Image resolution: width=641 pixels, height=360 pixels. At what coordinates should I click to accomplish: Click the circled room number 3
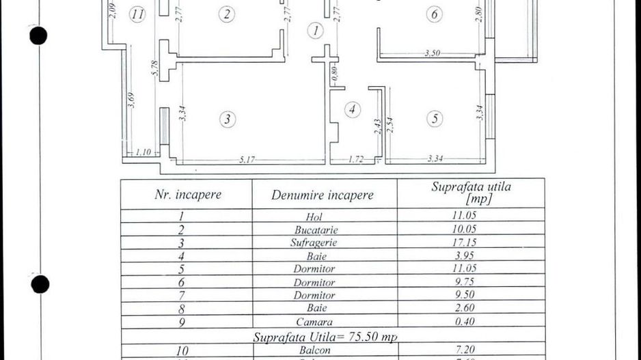pyautogui.click(x=228, y=120)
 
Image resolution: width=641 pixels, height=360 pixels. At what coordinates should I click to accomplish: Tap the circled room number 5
pyautogui.click(x=436, y=119)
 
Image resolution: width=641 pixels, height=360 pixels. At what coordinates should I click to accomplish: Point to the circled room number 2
pyautogui.click(x=228, y=14)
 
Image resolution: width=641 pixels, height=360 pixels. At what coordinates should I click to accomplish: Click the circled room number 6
pyautogui.click(x=434, y=14)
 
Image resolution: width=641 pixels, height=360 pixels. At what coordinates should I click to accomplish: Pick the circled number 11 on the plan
pyautogui.click(x=139, y=14)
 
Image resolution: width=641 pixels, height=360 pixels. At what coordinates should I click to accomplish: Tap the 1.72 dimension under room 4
pyautogui.click(x=355, y=160)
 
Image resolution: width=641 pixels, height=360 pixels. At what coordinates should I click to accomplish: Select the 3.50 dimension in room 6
pyautogui.click(x=432, y=53)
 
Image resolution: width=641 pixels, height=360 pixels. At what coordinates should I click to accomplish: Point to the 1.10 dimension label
pyautogui.click(x=143, y=152)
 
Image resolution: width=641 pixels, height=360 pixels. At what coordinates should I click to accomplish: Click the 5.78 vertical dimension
pyautogui.click(x=154, y=68)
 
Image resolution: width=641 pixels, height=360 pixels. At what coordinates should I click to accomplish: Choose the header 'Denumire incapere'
pyautogui.click(x=323, y=195)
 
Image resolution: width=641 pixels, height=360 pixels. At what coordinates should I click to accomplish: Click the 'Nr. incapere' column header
pyautogui.click(x=188, y=194)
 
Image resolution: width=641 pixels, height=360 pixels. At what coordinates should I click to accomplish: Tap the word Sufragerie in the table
pyautogui.click(x=315, y=242)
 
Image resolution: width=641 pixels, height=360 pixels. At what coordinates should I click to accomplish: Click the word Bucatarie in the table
pyautogui.click(x=316, y=230)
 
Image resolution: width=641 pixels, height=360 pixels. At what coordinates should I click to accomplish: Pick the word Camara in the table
pyautogui.click(x=314, y=321)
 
